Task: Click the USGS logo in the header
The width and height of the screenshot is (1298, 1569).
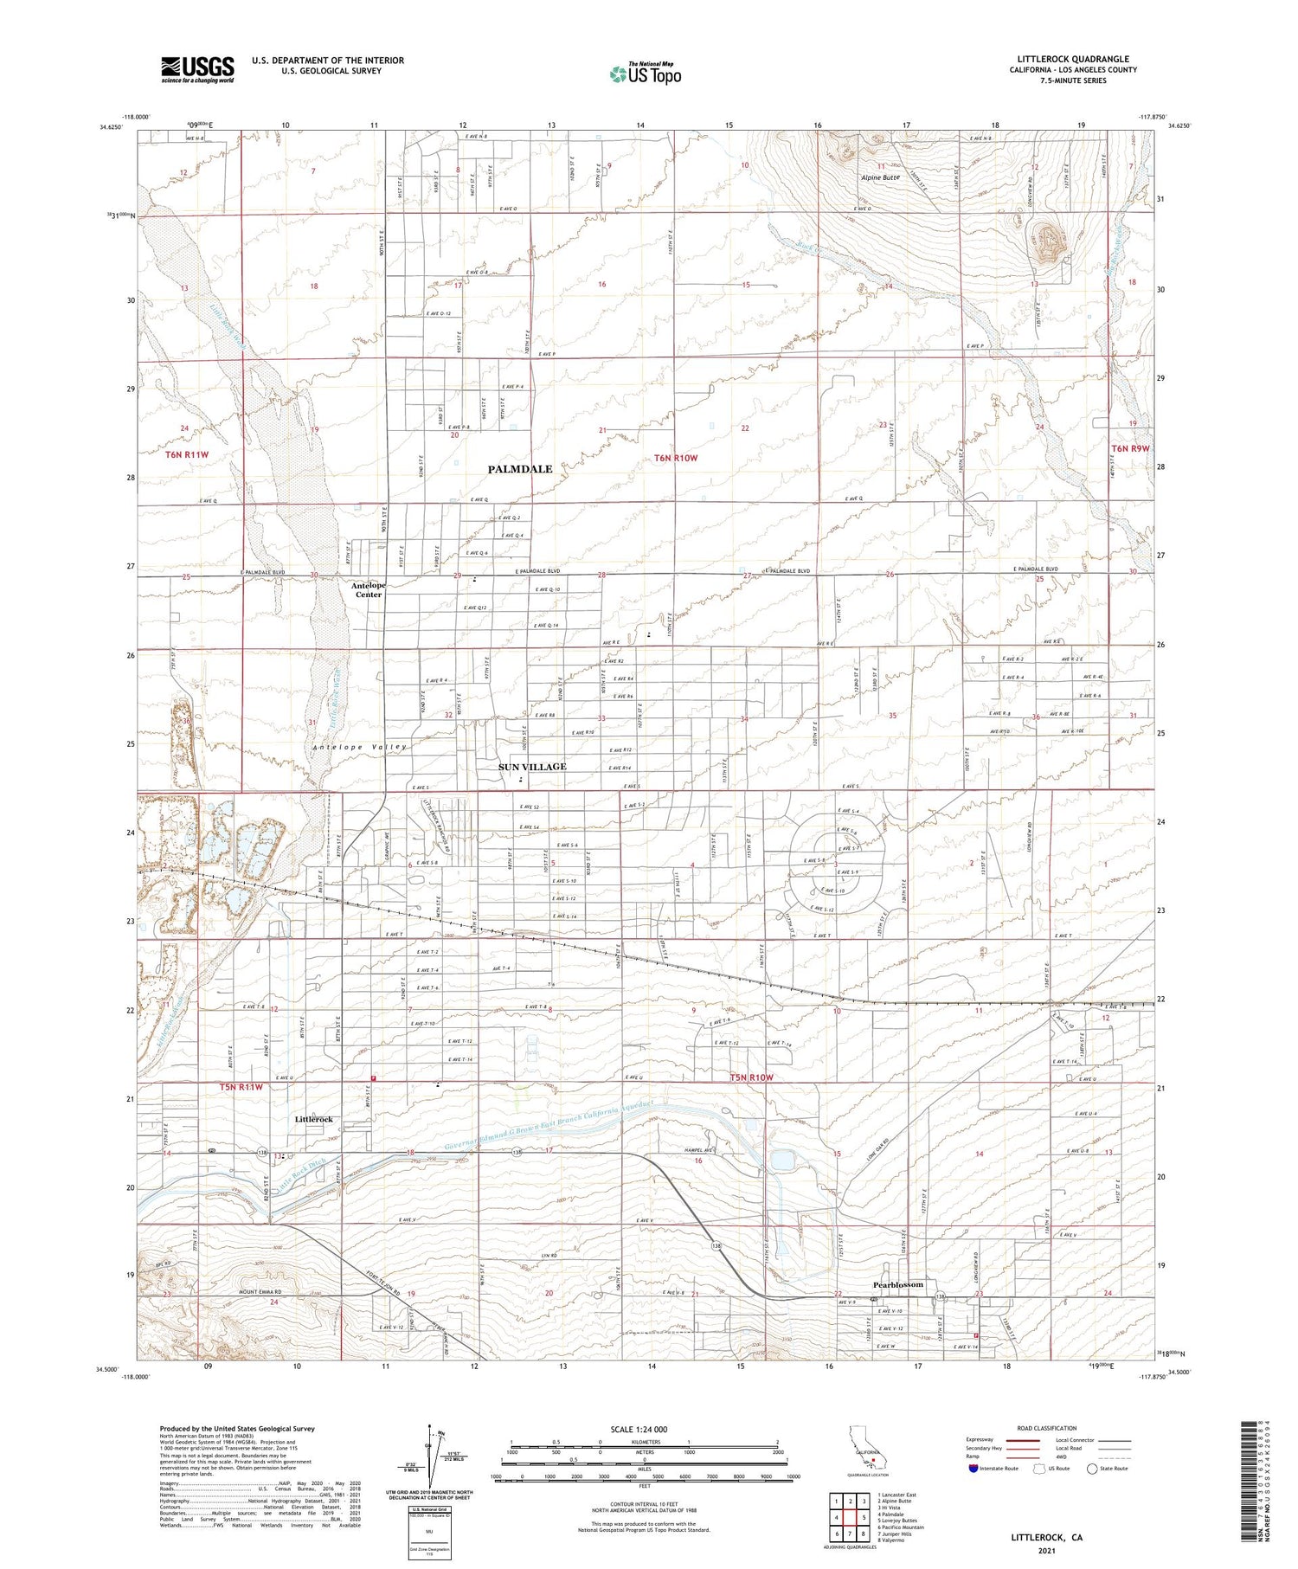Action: (197, 69)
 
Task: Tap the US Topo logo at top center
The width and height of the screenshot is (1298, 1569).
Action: (646, 74)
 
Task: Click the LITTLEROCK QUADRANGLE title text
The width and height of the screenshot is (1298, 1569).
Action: (1072, 60)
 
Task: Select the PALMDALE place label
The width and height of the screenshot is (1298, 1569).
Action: (519, 469)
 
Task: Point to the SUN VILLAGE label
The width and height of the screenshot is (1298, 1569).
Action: (532, 767)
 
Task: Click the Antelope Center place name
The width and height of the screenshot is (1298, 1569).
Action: (369, 590)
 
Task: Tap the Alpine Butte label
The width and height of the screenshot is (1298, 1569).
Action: (880, 177)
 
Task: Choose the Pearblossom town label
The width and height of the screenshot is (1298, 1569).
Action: (897, 1284)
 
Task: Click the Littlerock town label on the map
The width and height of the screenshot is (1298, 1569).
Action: (313, 1119)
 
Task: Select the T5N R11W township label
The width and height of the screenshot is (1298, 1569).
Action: (241, 1086)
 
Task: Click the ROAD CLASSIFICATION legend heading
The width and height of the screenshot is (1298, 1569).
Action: (1047, 1428)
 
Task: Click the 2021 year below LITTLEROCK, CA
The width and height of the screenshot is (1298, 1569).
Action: (1046, 1551)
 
